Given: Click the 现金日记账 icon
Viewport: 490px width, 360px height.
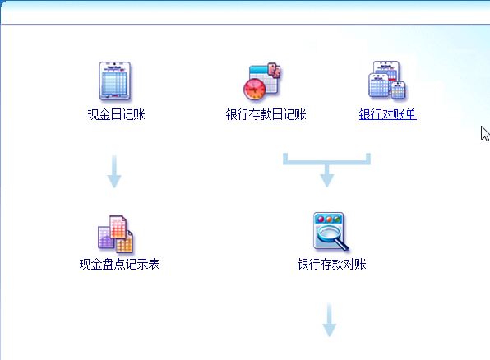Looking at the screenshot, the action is (x=114, y=81).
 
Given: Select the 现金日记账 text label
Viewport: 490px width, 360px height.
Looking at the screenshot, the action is (x=116, y=114).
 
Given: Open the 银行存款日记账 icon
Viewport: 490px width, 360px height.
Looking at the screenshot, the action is (x=262, y=81).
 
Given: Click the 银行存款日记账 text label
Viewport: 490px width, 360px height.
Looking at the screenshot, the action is (x=266, y=114).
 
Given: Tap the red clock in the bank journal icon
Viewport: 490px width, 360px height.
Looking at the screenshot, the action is (x=254, y=89).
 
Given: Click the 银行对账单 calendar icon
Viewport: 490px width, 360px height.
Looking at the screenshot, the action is (x=387, y=81).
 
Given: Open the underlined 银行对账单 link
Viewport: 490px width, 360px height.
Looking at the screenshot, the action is (x=387, y=114).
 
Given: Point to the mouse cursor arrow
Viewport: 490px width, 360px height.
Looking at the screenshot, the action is (x=485, y=133).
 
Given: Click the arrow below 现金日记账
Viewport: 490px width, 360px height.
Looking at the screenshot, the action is (x=114, y=171).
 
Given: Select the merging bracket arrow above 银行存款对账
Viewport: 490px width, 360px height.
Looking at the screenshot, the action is (x=327, y=163).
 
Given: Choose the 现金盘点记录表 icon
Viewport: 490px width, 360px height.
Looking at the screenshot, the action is (x=115, y=233).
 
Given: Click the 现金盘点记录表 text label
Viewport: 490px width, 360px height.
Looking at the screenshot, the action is (x=120, y=264).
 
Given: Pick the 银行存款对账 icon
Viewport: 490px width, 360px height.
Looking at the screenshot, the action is (x=331, y=231).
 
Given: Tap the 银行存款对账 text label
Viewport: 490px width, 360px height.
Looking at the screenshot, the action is (x=331, y=264).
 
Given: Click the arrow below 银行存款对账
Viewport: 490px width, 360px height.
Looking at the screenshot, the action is (x=329, y=320).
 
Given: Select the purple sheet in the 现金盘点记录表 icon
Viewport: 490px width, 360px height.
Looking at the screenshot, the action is (x=104, y=238).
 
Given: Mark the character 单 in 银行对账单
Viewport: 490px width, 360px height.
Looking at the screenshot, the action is (x=410, y=114).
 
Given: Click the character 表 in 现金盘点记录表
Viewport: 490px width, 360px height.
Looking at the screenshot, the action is (x=154, y=264).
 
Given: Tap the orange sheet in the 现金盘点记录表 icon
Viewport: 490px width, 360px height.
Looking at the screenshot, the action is (x=125, y=242).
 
